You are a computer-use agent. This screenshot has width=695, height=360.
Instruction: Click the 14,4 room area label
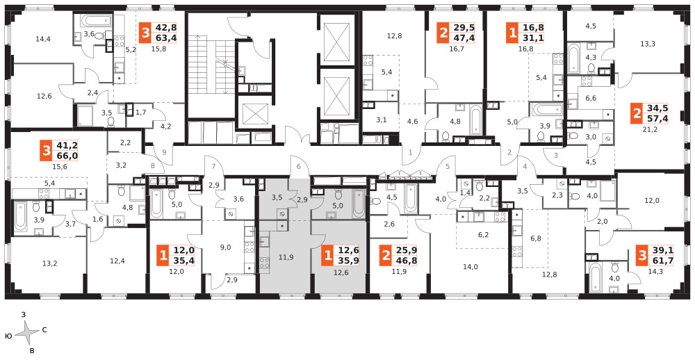[43, 39]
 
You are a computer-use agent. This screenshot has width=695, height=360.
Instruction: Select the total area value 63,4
[164, 38]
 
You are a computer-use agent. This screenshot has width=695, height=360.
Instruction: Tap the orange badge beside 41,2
[46, 152]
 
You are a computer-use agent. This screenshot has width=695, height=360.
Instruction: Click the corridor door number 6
[299, 167]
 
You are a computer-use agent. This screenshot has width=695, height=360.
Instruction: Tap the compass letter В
[32, 350]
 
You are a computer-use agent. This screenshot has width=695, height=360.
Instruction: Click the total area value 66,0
[66, 156]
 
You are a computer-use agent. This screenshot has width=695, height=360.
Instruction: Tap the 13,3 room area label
[647, 44]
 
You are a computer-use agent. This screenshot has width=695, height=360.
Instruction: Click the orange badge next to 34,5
[637, 115]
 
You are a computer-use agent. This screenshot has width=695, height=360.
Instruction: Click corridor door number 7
[213, 167]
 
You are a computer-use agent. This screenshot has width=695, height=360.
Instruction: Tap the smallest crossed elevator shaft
[254, 115]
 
